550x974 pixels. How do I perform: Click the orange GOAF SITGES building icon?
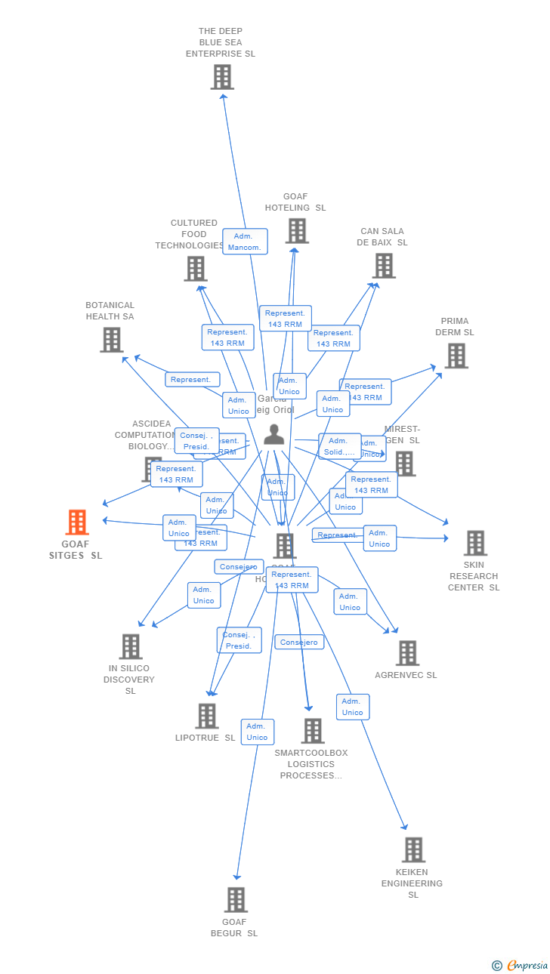77,522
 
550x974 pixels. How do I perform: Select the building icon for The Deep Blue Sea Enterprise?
222,77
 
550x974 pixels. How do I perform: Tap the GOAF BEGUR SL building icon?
236,899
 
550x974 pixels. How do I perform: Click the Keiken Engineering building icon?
413,849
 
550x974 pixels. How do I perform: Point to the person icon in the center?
274,434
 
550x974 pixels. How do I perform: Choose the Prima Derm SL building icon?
456,356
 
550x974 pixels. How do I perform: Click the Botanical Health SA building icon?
112,340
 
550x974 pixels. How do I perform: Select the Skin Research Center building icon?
475,543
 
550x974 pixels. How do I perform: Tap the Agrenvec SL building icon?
407,653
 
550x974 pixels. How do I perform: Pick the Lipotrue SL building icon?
207,716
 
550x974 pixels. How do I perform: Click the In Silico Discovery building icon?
131,646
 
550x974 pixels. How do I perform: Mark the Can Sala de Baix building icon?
385,266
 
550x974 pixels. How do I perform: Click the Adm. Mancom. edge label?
245,242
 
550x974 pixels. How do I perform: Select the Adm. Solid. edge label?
339,446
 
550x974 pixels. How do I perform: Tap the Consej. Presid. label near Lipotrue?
239,640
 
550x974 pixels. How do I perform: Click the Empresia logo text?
527,965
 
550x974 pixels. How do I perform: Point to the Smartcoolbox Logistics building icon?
313,731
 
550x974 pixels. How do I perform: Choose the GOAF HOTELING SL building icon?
297,231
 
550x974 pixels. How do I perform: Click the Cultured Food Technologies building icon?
196,269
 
